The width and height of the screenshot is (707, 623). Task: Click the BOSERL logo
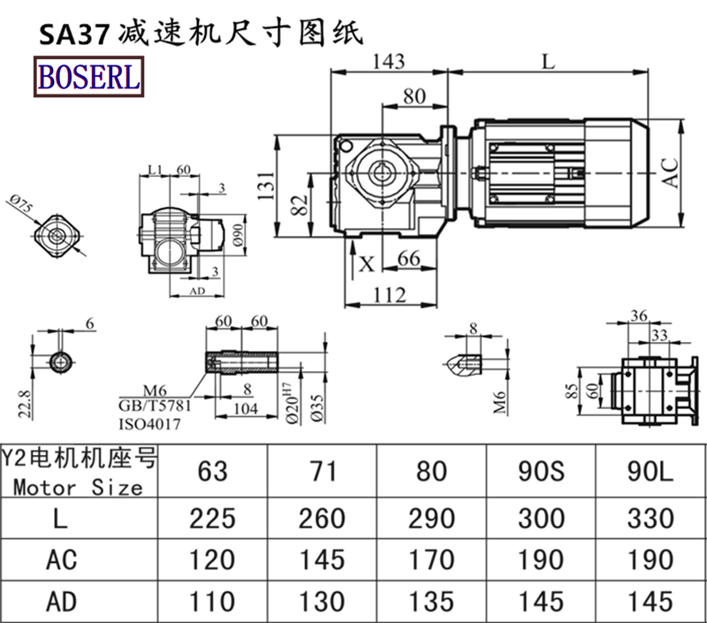[88, 78]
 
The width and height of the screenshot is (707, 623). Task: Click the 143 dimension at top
[389, 61]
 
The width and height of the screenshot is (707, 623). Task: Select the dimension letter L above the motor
[548, 61]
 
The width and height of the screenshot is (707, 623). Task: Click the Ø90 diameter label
[237, 235]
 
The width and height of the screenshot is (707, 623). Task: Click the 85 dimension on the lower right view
[570, 388]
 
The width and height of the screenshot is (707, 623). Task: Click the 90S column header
[541, 471]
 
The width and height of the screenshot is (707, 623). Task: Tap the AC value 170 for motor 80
[431, 559]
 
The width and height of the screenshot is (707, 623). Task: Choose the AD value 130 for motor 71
[322, 601]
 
